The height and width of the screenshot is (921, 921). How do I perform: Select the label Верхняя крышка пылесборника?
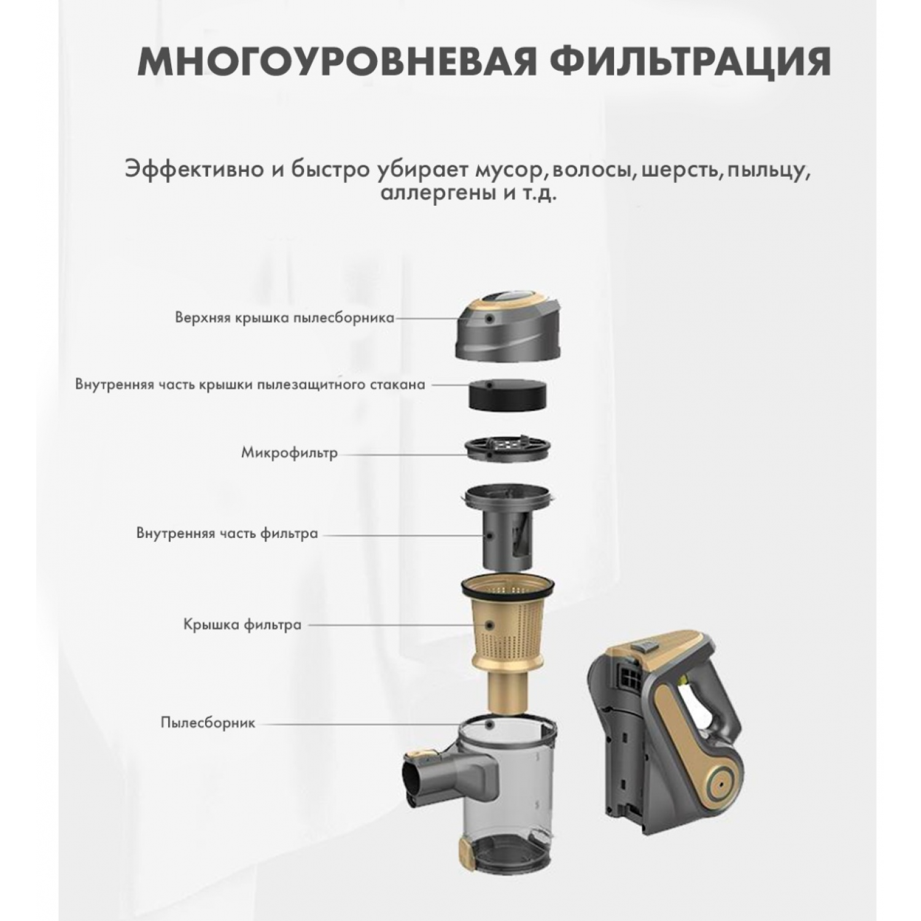point(284,318)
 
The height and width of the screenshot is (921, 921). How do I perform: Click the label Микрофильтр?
point(289,454)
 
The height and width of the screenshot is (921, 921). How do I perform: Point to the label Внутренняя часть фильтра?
point(227,533)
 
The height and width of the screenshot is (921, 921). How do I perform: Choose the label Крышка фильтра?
point(243,624)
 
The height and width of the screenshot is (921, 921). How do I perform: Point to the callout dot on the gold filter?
point(489,624)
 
